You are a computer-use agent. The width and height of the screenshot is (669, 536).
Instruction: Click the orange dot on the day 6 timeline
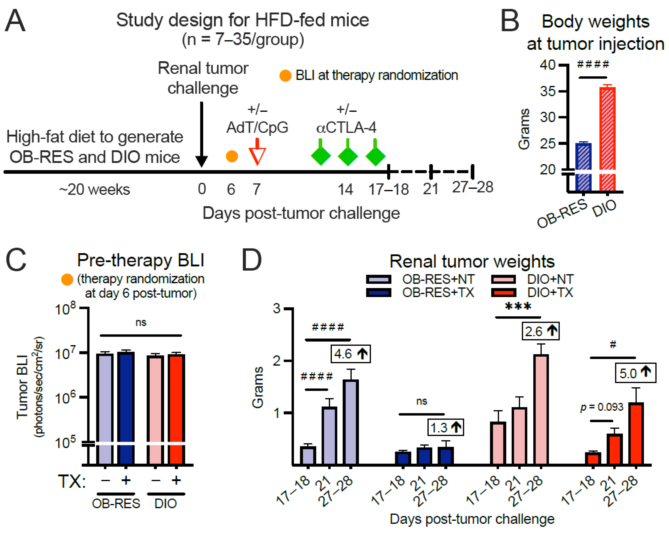(232, 156)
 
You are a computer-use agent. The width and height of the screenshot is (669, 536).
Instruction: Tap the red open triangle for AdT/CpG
(257, 155)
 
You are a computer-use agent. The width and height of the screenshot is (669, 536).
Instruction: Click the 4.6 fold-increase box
(350, 354)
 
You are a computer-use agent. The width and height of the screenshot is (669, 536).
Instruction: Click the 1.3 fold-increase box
(445, 428)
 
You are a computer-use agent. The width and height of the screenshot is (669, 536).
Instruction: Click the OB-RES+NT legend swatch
(378, 279)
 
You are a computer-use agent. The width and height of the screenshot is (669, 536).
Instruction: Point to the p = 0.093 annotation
(601, 407)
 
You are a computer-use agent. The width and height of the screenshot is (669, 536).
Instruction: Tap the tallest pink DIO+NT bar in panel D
(541, 410)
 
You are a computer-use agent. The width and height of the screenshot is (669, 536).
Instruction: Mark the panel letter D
(251, 260)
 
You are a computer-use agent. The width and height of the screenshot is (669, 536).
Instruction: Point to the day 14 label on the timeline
(345, 189)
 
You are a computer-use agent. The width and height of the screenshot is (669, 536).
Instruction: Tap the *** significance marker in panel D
(518, 307)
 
